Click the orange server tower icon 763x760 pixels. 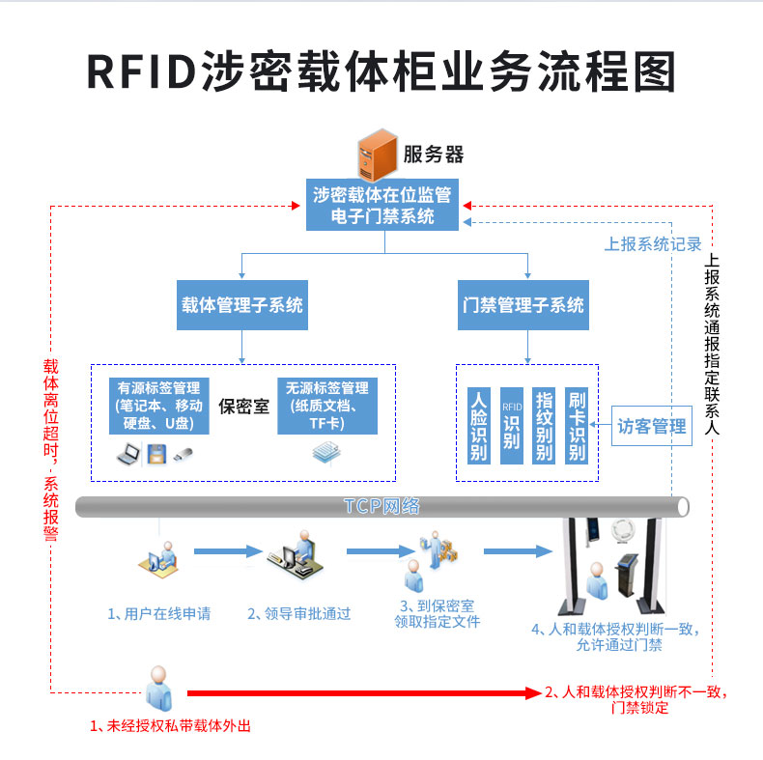[378, 155]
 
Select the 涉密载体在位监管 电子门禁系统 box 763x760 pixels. [383, 205]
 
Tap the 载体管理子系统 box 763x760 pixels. [241, 305]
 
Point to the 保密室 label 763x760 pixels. [241, 406]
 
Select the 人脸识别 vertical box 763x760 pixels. [478, 425]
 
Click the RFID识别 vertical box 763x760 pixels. [511, 425]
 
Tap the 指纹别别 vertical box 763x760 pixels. [544, 425]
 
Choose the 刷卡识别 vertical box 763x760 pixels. [578, 425]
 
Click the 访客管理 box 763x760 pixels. [652, 426]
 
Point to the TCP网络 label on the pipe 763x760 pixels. [381, 506]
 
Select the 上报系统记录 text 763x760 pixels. [653, 244]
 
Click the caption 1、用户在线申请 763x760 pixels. [158, 613]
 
